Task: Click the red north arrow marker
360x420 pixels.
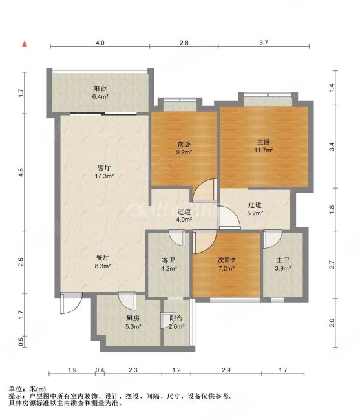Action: pos(25,44)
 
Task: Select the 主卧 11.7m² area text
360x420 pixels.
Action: pos(264,146)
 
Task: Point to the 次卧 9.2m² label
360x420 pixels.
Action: pos(184,148)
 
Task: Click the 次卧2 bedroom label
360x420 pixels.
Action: pos(226,260)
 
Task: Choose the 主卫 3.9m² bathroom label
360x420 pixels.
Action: pos(283,264)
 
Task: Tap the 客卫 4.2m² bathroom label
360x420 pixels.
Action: pos(169,264)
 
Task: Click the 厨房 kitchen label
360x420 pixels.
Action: pos(133,318)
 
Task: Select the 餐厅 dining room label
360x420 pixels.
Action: pos(103,258)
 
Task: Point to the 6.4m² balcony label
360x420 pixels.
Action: pos(100,96)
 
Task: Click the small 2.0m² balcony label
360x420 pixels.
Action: pos(176,326)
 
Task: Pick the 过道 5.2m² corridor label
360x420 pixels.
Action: pos(255,209)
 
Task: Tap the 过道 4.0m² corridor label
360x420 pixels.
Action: pos(184,215)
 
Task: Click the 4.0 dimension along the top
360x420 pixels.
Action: pos(100,43)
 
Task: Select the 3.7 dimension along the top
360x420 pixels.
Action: pos(264,43)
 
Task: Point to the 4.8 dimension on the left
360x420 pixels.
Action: pos(21,172)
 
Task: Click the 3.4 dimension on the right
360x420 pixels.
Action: pos(332,147)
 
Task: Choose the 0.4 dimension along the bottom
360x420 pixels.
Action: pos(100,370)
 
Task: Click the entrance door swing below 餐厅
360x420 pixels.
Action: pos(71,303)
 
